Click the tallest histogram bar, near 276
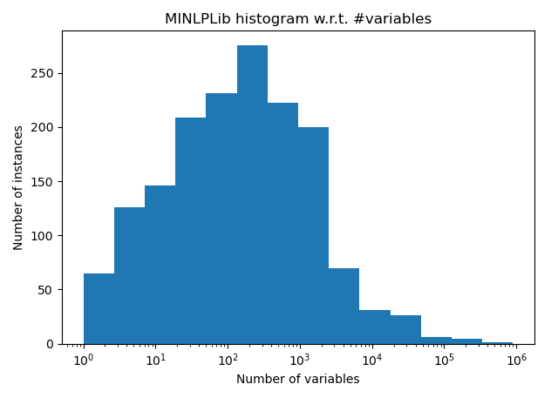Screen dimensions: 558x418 tap(252, 195)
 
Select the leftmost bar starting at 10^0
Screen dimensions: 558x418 tap(99, 309)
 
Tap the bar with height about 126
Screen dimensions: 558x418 tap(130, 276)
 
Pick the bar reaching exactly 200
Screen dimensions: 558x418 tap(314, 236)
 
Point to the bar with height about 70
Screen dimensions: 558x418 tap(344, 307)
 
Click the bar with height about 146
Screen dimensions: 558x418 tap(160, 265)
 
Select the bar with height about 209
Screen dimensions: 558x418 tap(191, 231)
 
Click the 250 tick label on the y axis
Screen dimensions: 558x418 tap(42, 73)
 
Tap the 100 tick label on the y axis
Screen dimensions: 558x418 tap(42, 236)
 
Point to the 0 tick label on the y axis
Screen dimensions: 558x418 tap(50, 345)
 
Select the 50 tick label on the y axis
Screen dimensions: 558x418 tap(46, 290)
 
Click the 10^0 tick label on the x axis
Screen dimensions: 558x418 tap(84, 360)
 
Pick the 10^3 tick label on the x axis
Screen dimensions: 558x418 tap(300, 360)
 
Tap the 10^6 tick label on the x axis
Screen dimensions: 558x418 tap(516, 360)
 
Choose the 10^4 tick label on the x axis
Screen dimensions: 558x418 tap(372, 360)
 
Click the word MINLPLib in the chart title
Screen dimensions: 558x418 tap(198, 18)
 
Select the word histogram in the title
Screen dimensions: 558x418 tap(272, 19)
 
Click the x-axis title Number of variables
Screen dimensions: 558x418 tap(298, 379)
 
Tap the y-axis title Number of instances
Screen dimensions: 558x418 tap(17, 188)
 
